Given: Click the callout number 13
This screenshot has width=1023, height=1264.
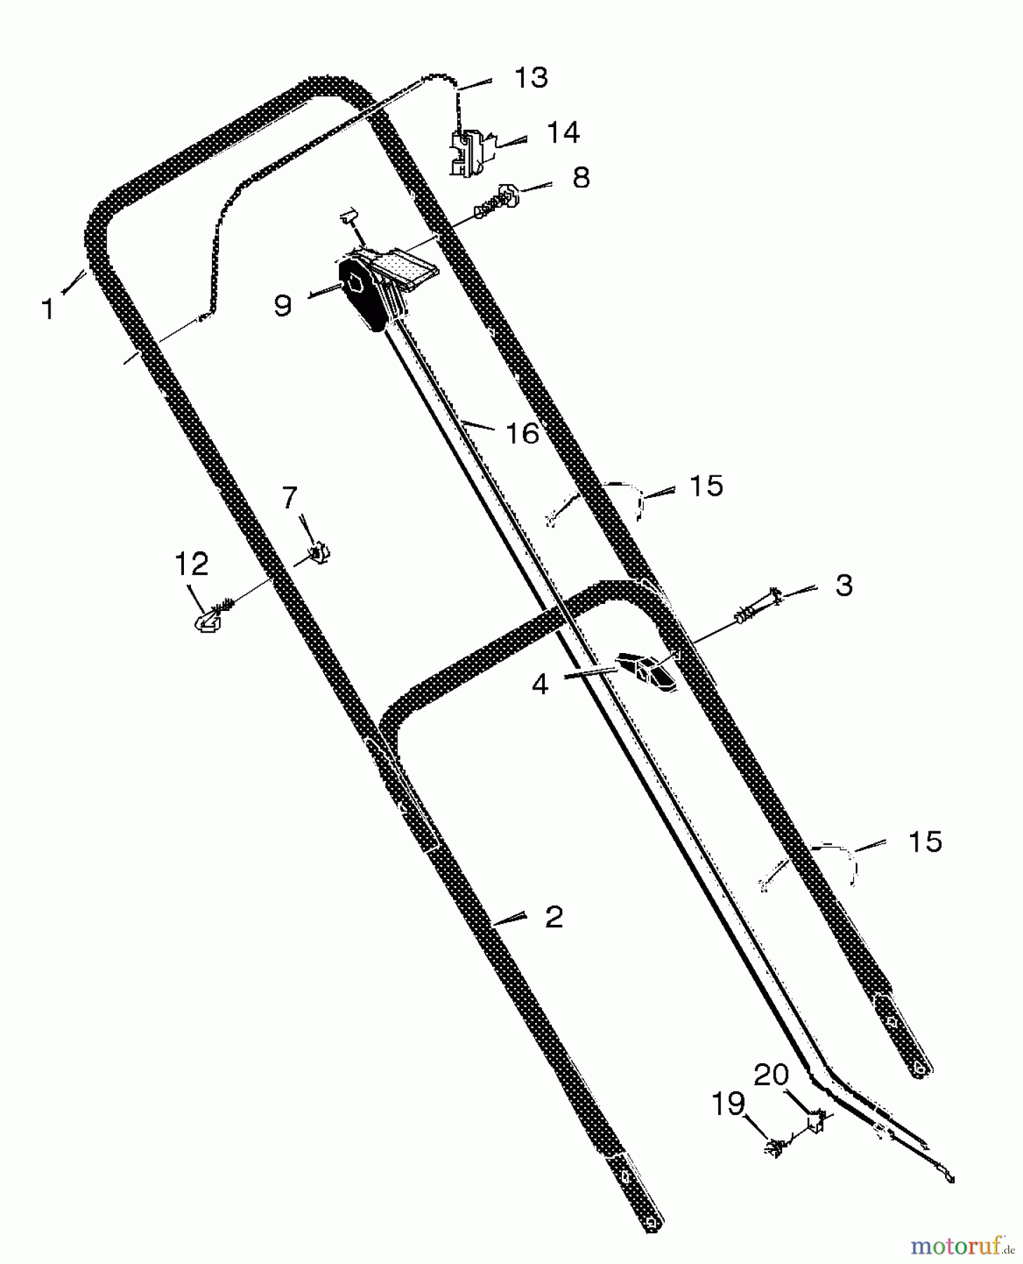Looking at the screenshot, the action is point(531,77).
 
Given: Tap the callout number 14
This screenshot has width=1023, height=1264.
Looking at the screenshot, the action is point(563,132).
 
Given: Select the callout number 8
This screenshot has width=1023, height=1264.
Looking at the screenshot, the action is point(581,177).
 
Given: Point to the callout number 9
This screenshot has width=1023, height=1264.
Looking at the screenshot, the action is point(282,305).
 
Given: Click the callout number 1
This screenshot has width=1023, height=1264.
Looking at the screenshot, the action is point(48,309).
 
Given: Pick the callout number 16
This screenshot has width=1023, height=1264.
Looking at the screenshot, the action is point(522,433).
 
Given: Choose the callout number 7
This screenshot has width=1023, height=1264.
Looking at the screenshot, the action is point(289,498).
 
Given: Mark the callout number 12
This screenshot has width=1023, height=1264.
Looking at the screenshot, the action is point(192,564).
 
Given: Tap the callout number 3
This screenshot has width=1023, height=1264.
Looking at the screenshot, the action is point(844,585).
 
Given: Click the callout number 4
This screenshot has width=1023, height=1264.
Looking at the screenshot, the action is point(540,683).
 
